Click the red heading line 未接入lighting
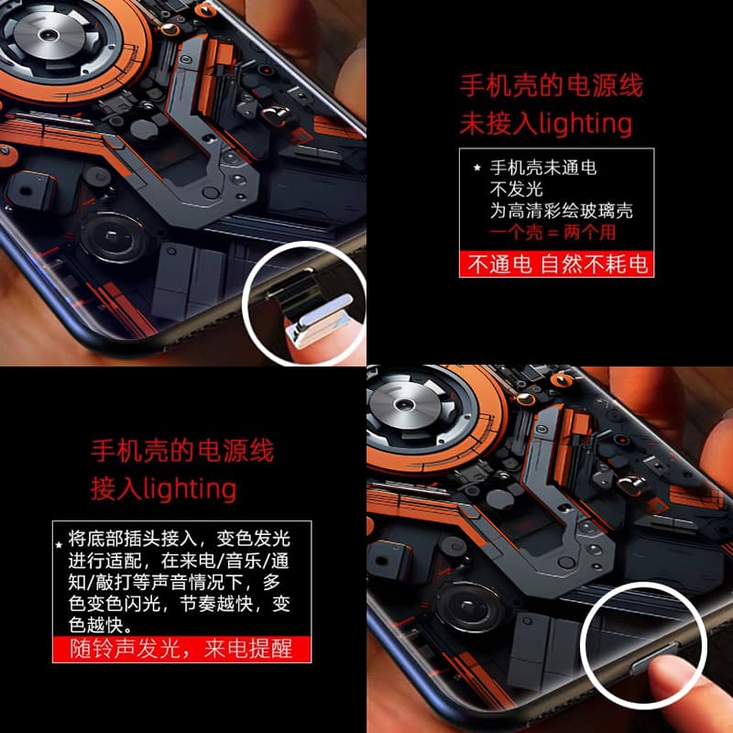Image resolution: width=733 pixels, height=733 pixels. coord(545,124)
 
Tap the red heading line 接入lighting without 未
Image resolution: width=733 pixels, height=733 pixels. coord(163,488)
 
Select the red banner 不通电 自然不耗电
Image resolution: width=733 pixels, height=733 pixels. coord(556,264)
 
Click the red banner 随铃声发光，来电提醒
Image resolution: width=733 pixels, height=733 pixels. coord(181,649)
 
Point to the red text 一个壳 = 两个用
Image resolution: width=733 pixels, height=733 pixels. coord(552,233)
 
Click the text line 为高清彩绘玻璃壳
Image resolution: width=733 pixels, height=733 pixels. coord(561,211)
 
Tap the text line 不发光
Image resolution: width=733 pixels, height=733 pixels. coord(516,190)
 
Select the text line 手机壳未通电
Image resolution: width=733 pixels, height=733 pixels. coord(542,168)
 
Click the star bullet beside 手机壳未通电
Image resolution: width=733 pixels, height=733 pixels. coord(476,168)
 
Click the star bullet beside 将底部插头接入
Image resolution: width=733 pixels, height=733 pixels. coord(59,544)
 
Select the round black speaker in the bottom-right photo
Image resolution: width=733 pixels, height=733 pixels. coord(468,607)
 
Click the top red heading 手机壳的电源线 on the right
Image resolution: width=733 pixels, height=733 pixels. coord(552,85)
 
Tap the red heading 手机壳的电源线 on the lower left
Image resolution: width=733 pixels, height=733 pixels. coord(182,451)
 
